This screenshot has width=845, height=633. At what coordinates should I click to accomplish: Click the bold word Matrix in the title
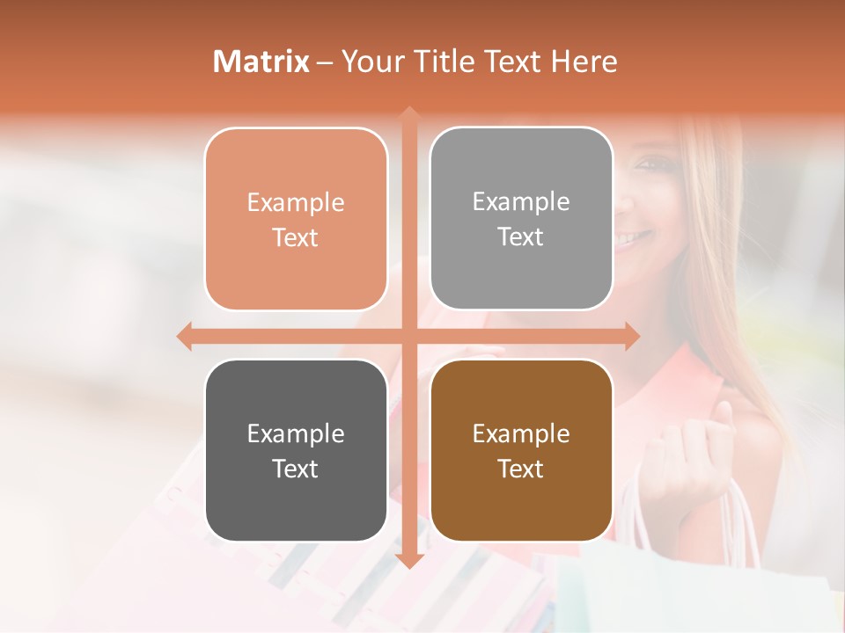[261, 62]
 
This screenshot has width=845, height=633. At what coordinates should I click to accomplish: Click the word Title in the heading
[445, 62]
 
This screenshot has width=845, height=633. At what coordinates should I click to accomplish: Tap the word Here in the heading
[584, 62]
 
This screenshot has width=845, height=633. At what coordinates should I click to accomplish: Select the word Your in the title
[373, 62]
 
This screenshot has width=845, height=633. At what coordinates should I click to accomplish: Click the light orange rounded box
[296, 219]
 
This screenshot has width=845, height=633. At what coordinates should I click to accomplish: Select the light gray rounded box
[521, 219]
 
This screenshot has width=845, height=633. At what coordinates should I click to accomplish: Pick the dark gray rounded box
[296, 450]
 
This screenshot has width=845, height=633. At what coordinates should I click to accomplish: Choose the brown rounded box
[521, 450]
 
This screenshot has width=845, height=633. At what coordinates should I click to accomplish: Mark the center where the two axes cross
[408, 336]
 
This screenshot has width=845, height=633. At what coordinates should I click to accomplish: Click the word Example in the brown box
[521, 433]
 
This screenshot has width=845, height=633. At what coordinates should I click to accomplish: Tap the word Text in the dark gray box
[295, 469]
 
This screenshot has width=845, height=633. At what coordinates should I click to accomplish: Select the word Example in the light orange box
[296, 202]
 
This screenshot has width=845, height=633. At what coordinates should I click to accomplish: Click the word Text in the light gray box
[521, 236]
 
